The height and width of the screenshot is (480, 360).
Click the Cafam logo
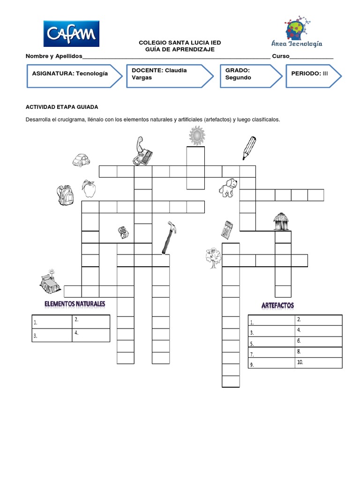(x=71, y=34)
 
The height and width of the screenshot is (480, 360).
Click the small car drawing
(x=81, y=160)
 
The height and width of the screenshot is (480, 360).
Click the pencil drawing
(x=249, y=147)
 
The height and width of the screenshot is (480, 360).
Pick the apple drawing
(x=89, y=189)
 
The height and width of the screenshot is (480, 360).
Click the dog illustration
(x=228, y=188)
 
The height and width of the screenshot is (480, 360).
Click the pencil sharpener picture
(x=123, y=232)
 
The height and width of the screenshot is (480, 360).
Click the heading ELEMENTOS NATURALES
(x=75, y=304)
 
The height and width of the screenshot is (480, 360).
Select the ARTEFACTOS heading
(x=277, y=306)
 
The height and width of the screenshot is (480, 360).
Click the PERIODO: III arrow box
(x=313, y=74)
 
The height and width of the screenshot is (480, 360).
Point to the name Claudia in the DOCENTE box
(x=176, y=70)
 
